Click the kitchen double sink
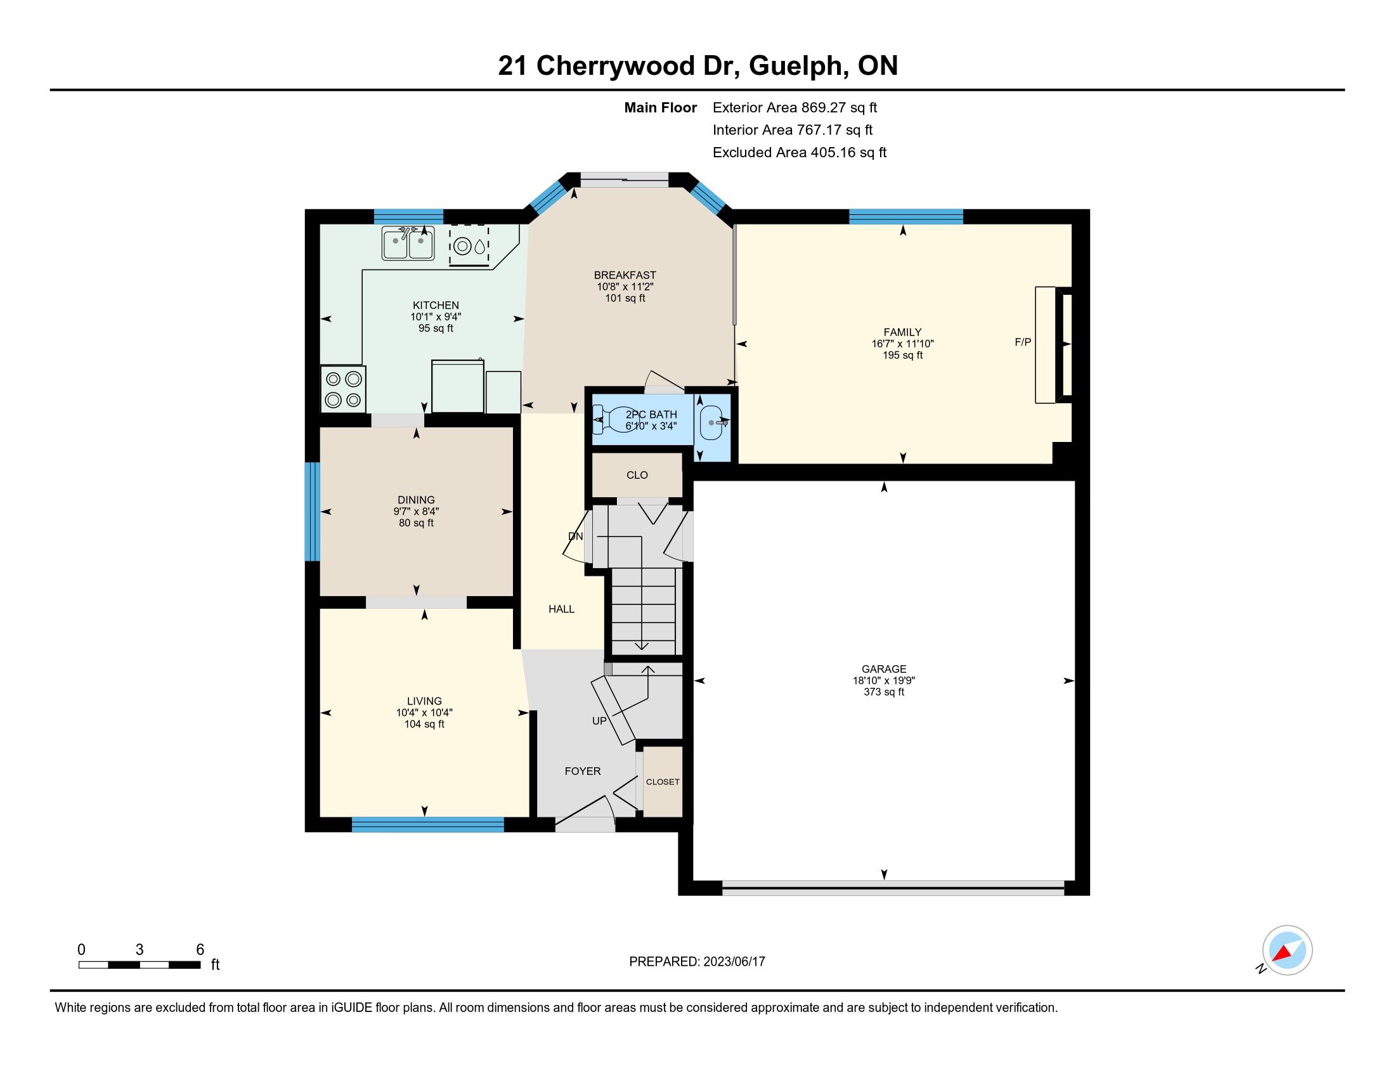(x=408, y=243)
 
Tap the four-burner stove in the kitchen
(x=344, y=389)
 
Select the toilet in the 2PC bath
(x=614, y=420)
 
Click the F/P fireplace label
(x=1023, y=342)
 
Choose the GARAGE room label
(x=884, y=669)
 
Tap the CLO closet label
(x=637, y=475)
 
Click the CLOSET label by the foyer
(x=663, y=782)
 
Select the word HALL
(x=561, y=609)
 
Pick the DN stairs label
(x=576, y=536)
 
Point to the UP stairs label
(x=599, y=721)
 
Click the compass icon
(x=1287, y=950)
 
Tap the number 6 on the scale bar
(x=200, y=950)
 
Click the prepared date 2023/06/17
(x=734, y=962)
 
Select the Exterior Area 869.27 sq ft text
(x=795, y=107)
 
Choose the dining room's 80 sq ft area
(x=417, y=523)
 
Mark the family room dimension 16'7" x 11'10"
(x=902, y=344)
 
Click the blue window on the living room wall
(x=428, y=824)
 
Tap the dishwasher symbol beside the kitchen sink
(x=469, y=245)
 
